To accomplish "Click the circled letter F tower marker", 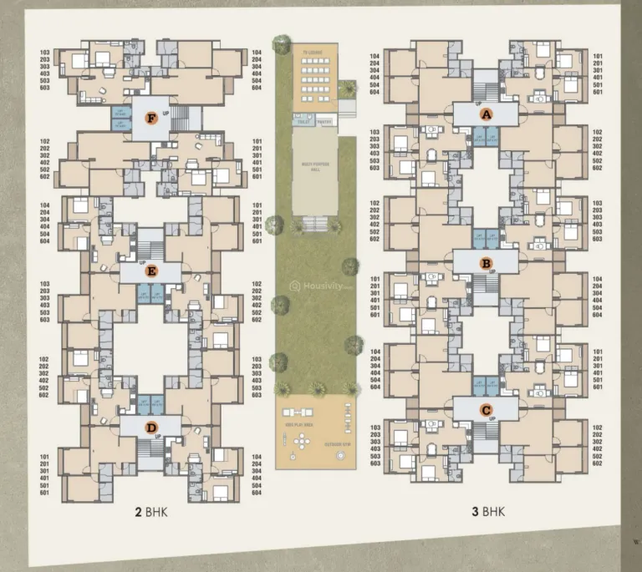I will [150, 118].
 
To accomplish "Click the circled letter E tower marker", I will [150, 271].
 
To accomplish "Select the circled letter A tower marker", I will [485, 115].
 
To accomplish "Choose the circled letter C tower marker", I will [485, 409].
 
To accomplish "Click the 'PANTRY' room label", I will [325, 121].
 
